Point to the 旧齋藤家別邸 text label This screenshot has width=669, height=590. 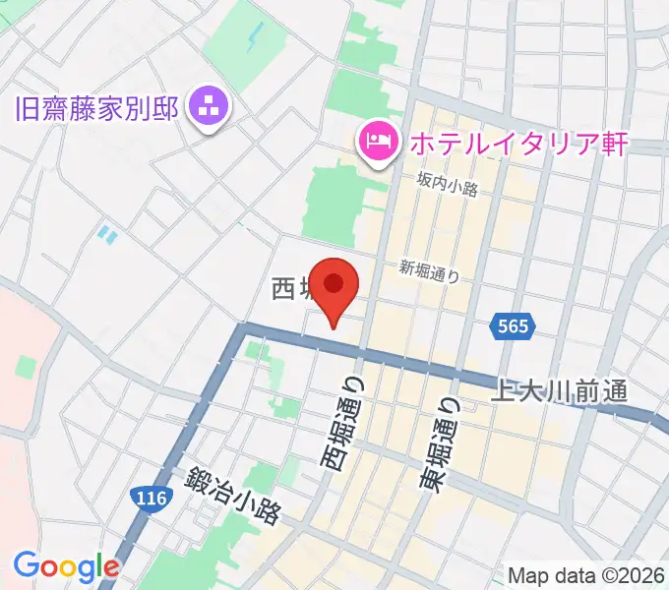tap(97, 106)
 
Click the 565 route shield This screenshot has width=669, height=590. tap(512, 326)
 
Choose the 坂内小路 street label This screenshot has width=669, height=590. tap(447, 184)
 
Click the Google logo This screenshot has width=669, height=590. tap(66, 566)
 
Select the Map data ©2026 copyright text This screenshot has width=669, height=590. tap(587, 575)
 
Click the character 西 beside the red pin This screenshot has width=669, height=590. tap(283, 288)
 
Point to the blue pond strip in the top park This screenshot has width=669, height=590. tap(257, 38)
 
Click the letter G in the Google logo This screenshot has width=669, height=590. tap(27, 565)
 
